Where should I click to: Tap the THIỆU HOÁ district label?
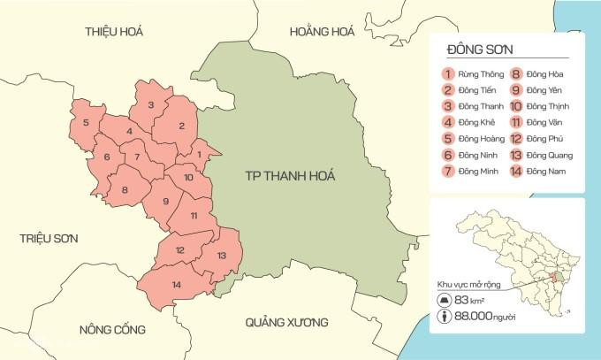pos(114,32)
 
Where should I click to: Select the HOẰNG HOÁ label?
pos(322,32)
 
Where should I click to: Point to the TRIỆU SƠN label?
pos(50,239)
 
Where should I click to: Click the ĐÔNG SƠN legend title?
pos(481,50)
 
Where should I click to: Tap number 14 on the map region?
pos(176,284)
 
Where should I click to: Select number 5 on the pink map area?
pos(86,122)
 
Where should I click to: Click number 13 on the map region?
pos(221,256)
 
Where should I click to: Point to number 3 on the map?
pos(151,105)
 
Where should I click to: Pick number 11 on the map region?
pos(194,216)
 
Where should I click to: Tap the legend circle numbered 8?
pos(514,74)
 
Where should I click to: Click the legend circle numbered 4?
pos(449,123)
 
